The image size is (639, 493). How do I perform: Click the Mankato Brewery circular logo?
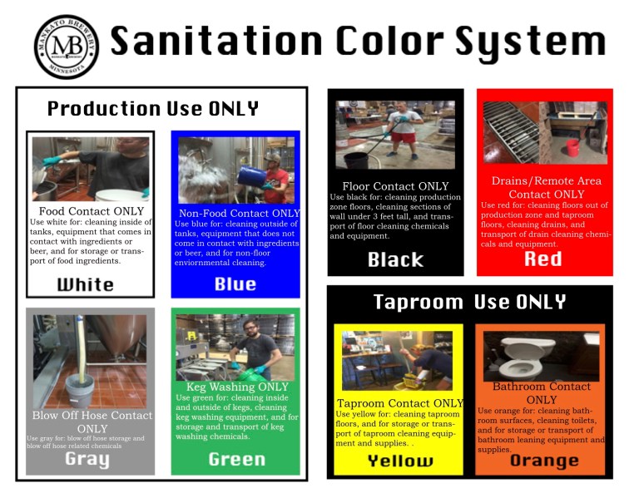66,46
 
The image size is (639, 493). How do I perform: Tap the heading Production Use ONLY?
153,109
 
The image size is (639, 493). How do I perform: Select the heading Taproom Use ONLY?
469,302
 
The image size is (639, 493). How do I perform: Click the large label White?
86,284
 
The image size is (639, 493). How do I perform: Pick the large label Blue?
235,284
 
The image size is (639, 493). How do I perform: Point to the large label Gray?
87,459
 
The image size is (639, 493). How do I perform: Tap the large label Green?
237,459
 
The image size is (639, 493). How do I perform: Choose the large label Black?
395,259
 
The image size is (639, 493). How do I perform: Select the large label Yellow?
400,461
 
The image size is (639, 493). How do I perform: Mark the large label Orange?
544,461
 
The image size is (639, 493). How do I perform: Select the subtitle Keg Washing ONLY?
237,387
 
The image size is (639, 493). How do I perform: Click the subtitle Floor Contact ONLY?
395,186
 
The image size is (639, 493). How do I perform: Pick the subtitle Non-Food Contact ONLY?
240,214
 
